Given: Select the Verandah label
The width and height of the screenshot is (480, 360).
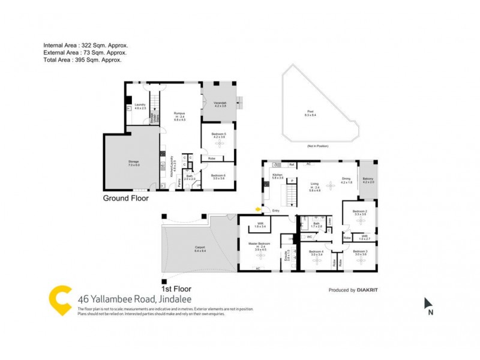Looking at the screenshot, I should (220, 104).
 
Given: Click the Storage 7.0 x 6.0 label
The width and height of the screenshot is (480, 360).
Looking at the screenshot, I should (133, 161).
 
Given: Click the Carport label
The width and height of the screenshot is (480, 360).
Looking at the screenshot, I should (200, 248).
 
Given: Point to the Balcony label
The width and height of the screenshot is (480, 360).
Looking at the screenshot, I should (368, 180).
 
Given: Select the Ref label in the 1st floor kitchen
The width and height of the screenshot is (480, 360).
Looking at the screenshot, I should (291, 164).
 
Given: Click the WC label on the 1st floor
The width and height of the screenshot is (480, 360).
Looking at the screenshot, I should (310, 236).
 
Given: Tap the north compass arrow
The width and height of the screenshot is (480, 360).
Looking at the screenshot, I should (428, 303).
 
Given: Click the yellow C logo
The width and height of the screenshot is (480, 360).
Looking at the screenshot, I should (60, 298).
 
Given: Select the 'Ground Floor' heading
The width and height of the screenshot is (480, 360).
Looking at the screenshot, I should (126, 198).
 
